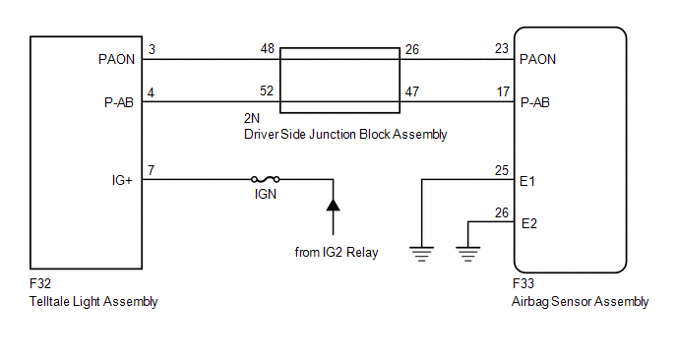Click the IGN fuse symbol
pos(265,179)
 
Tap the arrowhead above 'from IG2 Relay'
pos(333,205)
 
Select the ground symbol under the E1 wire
pos(421,254)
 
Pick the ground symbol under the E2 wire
pos(467,254)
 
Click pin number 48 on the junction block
pos(268,49)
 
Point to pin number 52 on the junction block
pos(267,91)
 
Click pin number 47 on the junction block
pos(412,91)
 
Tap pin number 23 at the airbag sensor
pos(502,49)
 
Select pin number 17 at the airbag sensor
pos(503,91)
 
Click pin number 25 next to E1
pos(502,170)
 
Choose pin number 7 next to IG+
pos(152,170)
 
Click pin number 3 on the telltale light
pos(152,49)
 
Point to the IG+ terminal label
pos(122,180)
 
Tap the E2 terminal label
pos(529,223)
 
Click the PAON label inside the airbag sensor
pos(537,59)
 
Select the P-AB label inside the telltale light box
pos(119,102)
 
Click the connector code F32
pos(40,283)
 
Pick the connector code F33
pos(523,283)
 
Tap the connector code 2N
pos(252,118)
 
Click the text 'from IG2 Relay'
pos(337,252)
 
